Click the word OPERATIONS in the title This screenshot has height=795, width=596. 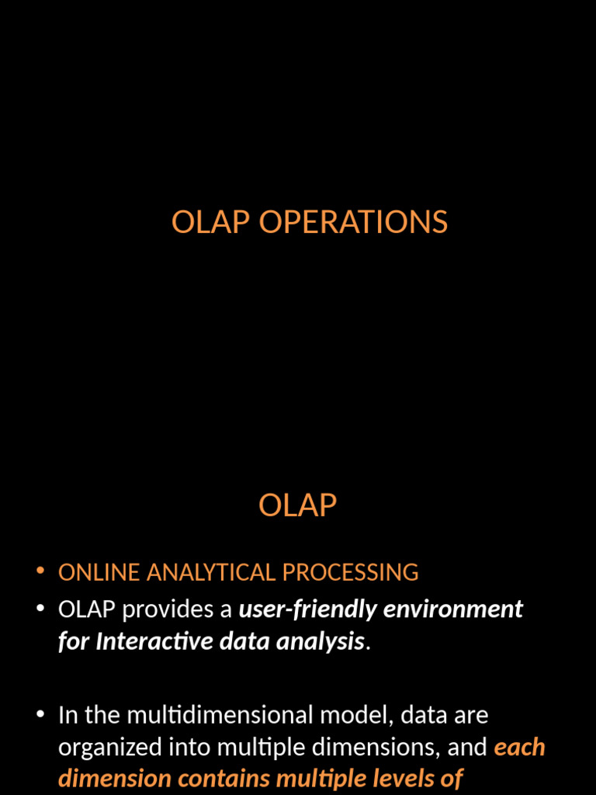[x=353, y=221]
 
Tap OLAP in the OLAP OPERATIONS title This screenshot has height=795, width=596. [x=211, y=221]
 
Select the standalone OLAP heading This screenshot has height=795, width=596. [x=297, y=505]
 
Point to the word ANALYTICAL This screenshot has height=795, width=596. [x=211, y=572]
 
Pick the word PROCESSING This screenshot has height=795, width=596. [x=350, y=572]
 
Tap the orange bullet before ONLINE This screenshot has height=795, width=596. [x=40, y=571]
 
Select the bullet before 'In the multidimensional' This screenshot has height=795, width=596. [x=40, y=714]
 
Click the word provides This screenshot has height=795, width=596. [x=168, y=609]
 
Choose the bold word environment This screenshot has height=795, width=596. [x=452, y=609]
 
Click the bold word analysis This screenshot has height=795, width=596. [x=321, y=642]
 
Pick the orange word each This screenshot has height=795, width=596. [x=519, y=748]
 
